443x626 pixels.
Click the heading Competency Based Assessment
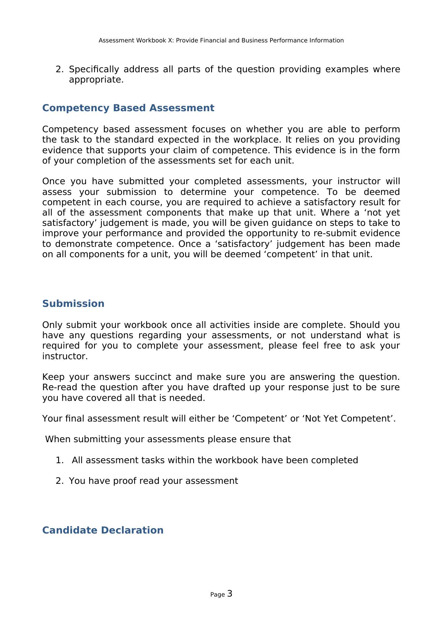[x=128, y=108]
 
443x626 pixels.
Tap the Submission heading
[x=73, y=304]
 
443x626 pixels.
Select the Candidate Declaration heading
[x=103, y=530]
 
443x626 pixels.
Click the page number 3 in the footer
[x=230, y=594]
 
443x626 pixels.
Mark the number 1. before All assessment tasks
[x=59, y=460]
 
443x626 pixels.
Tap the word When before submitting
[x=58, y=439]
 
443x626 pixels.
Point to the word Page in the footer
[x=217, y=595]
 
